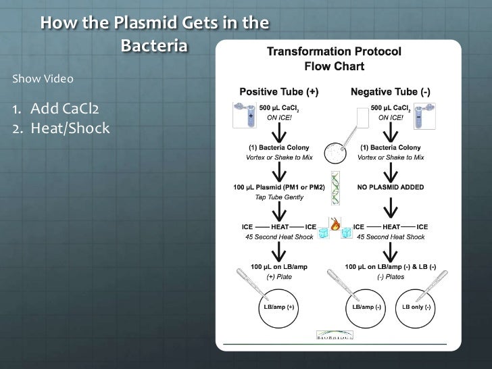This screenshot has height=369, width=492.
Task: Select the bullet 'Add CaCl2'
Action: tap(59, 109)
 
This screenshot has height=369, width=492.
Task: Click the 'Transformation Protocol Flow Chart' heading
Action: tap(335, 59)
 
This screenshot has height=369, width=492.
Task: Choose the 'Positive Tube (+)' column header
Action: tap(279, 91)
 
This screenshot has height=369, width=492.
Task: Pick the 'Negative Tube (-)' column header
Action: tap(390, 91)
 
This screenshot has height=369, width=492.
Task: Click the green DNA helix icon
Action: tap(335, 189)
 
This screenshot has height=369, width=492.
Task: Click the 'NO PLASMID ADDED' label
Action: tap(391, 187)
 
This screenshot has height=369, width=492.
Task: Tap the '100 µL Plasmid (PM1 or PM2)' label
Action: tap(279, 187)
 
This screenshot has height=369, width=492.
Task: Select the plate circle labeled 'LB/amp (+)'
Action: tap(279, 306)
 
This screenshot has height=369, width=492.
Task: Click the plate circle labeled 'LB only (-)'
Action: tap(417, 306)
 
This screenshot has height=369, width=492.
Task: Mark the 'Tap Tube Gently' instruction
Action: tap(279, 197)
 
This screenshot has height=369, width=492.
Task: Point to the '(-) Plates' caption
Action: tap(391, 276)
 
